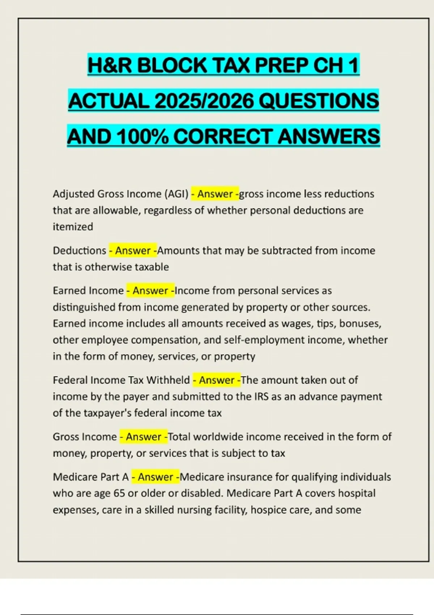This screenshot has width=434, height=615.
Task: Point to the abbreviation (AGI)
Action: tap(176, 194)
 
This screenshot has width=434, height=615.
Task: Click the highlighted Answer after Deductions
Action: tap(133, 250)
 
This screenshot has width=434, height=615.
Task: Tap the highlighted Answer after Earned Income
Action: tap(150, 290)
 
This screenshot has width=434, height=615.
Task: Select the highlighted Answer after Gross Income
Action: tap(144, 437)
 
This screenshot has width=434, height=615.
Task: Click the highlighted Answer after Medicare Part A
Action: tap(156, 477)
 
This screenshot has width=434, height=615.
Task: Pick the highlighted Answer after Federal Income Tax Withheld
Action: tap(217, 380)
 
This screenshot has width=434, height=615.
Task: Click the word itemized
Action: tap(73, 227)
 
